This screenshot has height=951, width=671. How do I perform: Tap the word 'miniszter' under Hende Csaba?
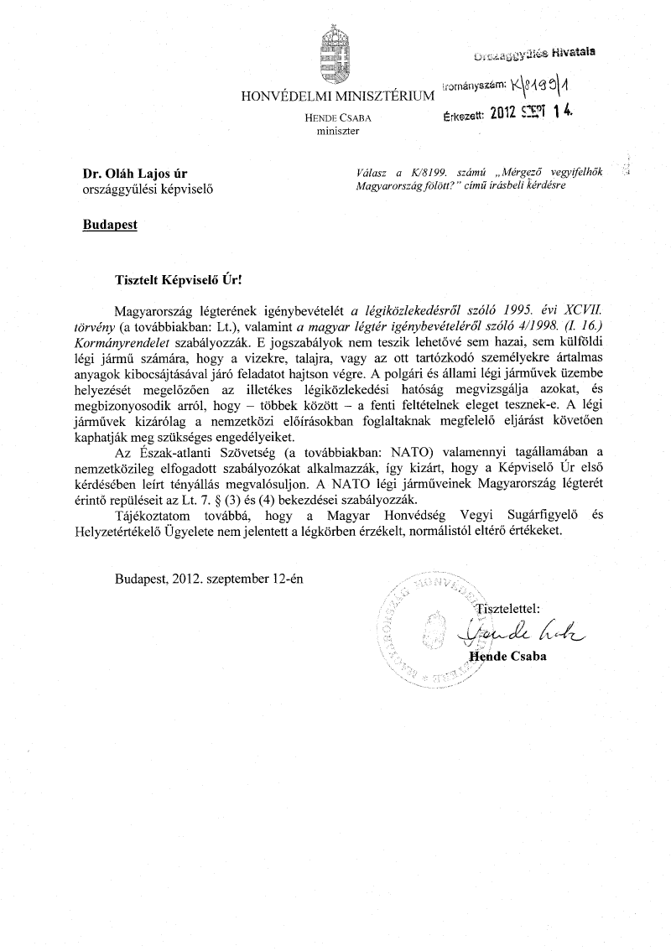pyautogui.click(x=337, y=132)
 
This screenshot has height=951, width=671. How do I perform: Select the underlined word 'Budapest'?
pyautogui.click(x=110, y=224)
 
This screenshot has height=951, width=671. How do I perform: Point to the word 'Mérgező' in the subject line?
pyautogui.click(x=514, y=172)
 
